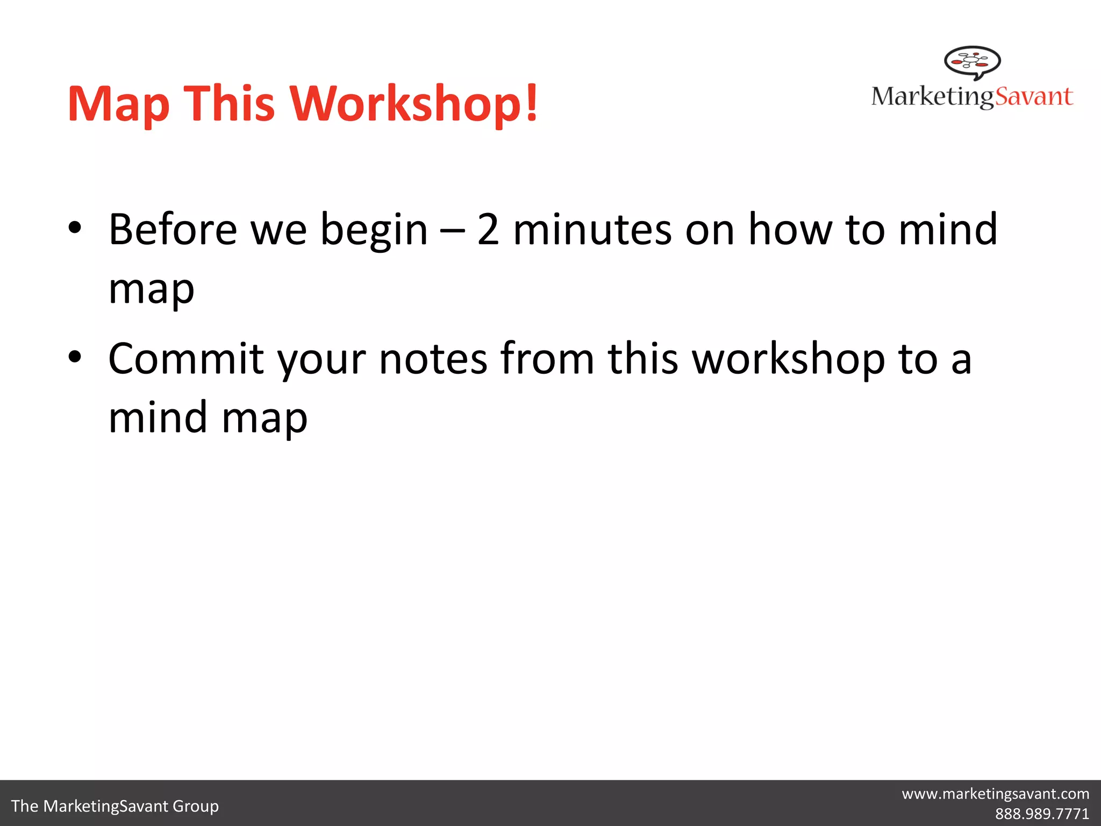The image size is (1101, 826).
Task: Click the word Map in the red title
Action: pyautogui.click(x=118, y=104)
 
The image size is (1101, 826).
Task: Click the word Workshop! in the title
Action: pyautogui.click(x=414, y=104)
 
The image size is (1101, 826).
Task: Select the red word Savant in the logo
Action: pyautogui.click(x=1033, y=97)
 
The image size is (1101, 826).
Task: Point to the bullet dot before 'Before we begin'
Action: pyautogui.click(x=75, y=228)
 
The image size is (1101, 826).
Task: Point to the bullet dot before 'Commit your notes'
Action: pyautogui.click(x=75, y=357)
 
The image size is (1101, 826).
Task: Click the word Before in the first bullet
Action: pyautogui.click(x=173, y=230)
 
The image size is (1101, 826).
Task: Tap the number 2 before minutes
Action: pyautogui.click(x=488, y=230)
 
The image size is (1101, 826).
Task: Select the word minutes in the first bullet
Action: pyautogui.click(x=592, y=230)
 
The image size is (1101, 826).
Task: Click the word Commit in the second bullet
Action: pyautogui.click(x=186, y=359)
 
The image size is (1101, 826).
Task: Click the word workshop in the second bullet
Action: pyautogui.click(x=788, y=359)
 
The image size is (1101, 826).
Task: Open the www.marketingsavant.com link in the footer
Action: pyautogui.click(x=995, y=794)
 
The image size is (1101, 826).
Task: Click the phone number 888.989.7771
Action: pyautogui.click(x=1042, y=814)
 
